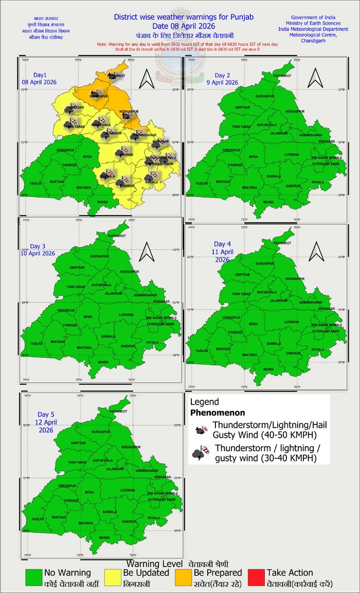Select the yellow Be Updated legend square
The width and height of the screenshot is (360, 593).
112,577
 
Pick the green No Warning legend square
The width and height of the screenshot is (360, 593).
34,577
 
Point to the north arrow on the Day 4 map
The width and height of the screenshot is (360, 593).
314,250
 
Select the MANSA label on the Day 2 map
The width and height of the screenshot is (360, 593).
268,202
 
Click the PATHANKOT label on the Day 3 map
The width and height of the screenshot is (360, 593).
117,235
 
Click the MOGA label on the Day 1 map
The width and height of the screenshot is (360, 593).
88,156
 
